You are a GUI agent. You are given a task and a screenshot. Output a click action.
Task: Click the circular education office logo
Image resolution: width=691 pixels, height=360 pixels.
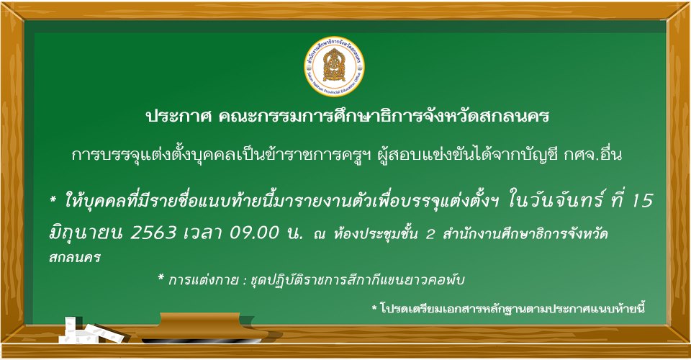[x=334, y=66]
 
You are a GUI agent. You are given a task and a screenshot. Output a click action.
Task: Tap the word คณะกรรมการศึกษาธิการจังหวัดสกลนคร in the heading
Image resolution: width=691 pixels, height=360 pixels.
[x=384, y=117]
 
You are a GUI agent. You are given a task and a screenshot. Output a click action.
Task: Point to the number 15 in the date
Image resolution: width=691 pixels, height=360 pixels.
[x=642, y=200]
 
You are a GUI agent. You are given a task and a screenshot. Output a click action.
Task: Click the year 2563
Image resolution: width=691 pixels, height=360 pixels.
[x=153, y=233]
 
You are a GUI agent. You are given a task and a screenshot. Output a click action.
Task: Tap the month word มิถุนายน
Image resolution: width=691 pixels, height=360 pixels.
[x=86, y=233]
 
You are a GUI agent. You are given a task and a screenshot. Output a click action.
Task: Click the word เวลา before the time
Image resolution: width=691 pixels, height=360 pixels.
[x=203, y=233]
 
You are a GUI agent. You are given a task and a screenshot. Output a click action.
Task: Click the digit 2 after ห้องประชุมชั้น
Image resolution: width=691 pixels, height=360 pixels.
[x=430, y=234]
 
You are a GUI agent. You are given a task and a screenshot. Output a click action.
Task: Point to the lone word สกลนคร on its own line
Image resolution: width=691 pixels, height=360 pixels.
[x=74, y=257]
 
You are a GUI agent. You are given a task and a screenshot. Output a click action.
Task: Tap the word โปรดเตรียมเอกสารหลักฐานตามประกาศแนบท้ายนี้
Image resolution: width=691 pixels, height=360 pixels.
[x=512, y=308]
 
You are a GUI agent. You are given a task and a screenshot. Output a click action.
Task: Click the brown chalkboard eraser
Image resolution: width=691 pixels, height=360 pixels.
[x=202, y=327]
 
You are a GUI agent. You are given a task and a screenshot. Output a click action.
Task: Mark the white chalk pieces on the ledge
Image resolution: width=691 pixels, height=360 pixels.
[x=91, y=330]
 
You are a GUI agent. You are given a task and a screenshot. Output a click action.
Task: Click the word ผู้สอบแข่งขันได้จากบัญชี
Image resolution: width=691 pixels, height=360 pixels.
[x=469, y=154]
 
